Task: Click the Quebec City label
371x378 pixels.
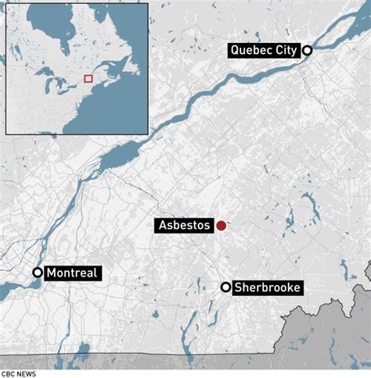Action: coord(264,51)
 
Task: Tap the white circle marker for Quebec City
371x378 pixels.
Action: coord(308,51)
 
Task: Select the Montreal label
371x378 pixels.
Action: coord(73,273)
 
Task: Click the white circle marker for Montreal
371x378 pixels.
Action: coord(38,273)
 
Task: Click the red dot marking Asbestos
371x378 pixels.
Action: coord(222,226)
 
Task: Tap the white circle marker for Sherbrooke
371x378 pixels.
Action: coord(226,288)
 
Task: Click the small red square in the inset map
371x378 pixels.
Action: coord(88,78)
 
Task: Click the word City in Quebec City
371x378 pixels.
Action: coord(285,51)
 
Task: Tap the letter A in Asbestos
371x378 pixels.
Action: coord(160,226)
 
